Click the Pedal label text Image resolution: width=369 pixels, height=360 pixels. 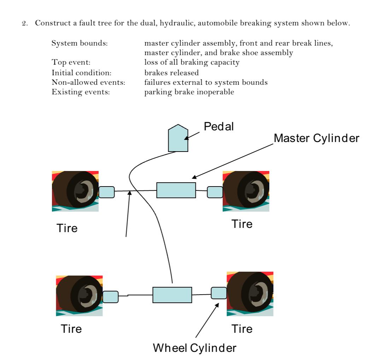(x=219, y=127)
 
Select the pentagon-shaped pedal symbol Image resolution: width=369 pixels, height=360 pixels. (x=178, y=138)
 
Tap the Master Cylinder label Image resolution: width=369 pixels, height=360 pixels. (x=317, y=139)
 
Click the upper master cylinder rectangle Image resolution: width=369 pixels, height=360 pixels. (x=176, y=190)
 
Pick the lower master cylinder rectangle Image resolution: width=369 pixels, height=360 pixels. (x=172, y=295)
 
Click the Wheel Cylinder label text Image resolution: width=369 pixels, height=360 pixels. (x=194, y=348)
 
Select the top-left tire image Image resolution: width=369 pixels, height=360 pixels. (x=75, y=191)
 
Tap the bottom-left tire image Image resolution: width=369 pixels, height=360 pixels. (x=80, y=296)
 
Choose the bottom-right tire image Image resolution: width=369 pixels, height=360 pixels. (x=250, y=294)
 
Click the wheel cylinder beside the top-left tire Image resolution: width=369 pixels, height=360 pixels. (x=106, y=192)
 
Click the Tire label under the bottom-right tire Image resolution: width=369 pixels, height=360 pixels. (x=242, y=329)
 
